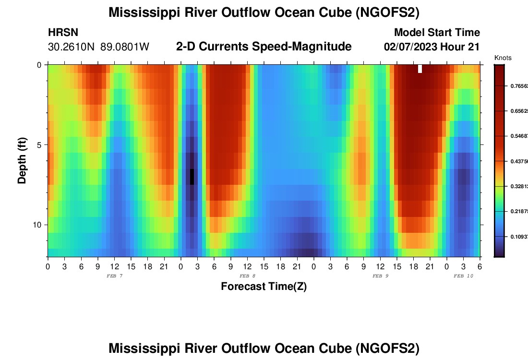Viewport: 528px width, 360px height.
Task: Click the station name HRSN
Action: click(x=63, y=33)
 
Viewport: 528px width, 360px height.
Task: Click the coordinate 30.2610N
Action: click(x=72, y=47)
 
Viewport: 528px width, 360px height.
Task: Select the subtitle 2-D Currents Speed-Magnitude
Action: click(x=264, y=47)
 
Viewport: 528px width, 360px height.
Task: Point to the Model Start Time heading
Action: click(x=437, y=33)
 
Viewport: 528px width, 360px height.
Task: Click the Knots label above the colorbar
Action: click(x=503, y=58)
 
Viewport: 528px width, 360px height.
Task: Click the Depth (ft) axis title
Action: click(x=22, y=160)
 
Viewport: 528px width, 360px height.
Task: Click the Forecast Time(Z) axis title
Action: click(x=264, y=287)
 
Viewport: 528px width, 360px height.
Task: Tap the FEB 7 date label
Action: click(x=114, y=276)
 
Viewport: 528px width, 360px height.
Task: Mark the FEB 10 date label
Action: click(x=463, y=276)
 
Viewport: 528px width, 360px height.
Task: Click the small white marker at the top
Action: click(x=420, y=69)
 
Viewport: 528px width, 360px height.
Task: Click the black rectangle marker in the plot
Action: click(x=192, y=177)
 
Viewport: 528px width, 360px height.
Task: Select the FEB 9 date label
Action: click(x=380, y=276)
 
